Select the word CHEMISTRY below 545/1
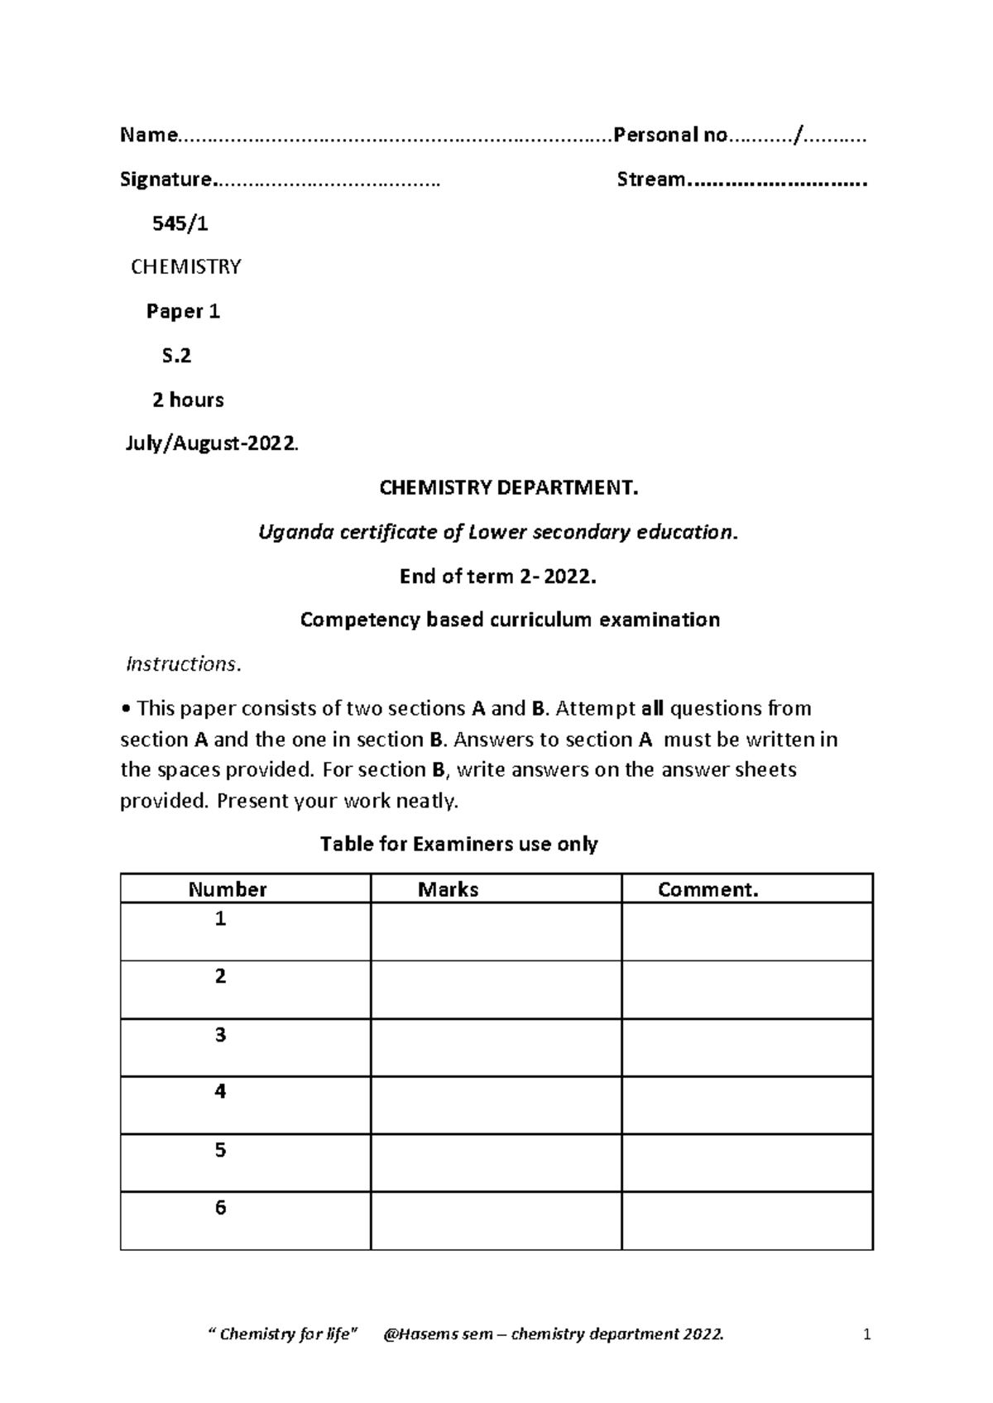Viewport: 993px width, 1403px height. tap(186, 266)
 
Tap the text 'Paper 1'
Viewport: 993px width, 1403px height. tap(183, 311)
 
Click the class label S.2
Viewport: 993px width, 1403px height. tap(176, 356)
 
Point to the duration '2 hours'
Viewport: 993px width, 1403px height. tap(188, 400)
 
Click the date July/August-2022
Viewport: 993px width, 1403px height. tap(211, 444)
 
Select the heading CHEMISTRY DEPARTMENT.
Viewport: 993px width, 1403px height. tap(509, 488)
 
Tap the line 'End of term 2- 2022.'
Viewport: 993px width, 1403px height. tap(497, 577)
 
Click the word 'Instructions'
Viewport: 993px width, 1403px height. tap(181, 664)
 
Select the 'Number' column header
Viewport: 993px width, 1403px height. tap(228, 889)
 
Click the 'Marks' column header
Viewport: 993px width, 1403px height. tap(448, 889)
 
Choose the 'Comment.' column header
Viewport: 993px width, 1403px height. tap(708, 889)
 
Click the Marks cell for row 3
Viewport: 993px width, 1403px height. tap(496, 1047)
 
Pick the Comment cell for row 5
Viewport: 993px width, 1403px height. tap(747, 1163)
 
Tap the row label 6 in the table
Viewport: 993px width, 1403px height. tap(220, 1208)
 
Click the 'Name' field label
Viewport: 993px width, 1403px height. tap(148, 135)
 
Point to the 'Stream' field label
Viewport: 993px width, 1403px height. tap(651, 180)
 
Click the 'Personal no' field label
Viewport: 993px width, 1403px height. tap(669, 135)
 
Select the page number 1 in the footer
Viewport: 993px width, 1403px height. tap(867, 1334)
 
